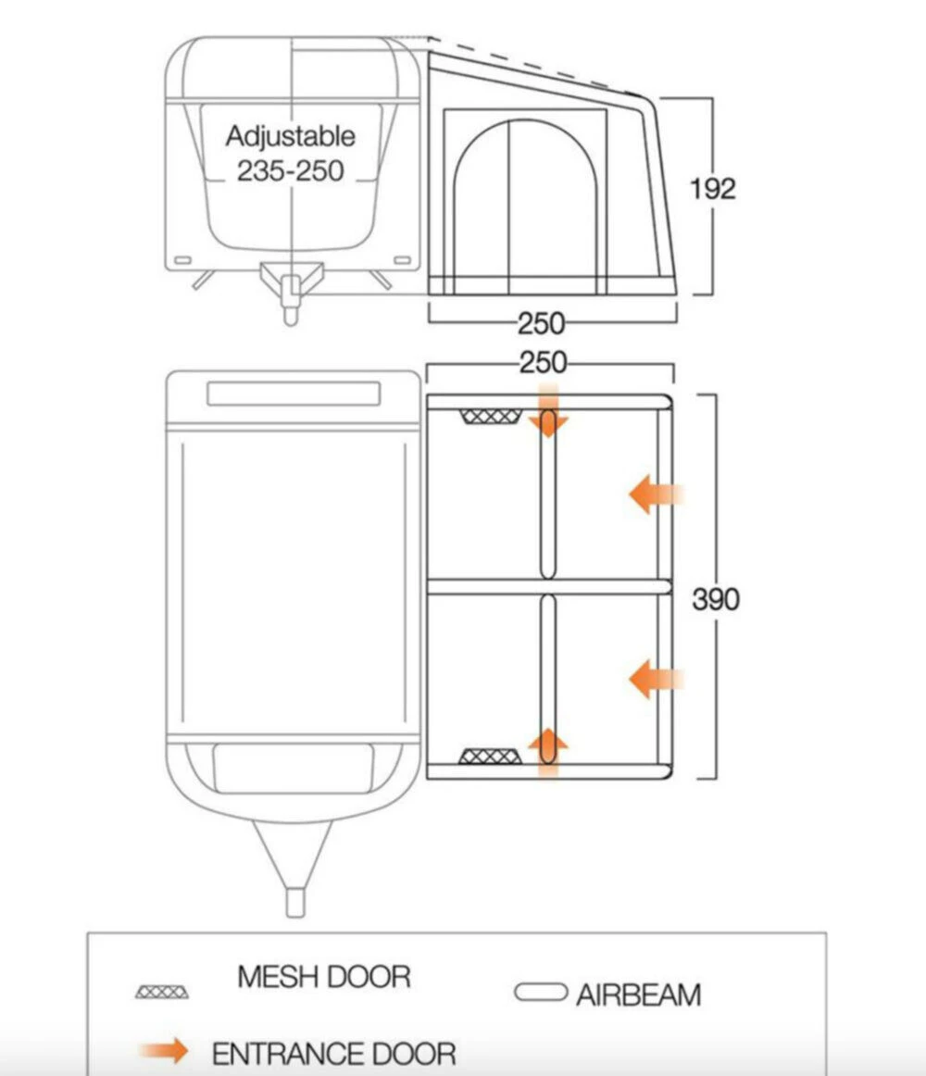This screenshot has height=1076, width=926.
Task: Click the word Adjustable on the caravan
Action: [290, 136]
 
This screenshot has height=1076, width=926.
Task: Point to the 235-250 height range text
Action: [290, 170]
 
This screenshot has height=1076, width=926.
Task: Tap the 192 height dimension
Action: [712, 189]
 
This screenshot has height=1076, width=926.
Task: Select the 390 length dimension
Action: [716, 599]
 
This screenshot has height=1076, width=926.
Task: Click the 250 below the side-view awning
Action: [541, 323]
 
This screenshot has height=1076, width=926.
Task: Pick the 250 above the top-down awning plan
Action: [543, 362]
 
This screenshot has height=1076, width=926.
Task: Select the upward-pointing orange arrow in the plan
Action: [548, 748]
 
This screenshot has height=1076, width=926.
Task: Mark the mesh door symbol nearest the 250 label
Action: [491, 417]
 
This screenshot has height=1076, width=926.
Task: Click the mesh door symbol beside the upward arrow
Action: [491, 757]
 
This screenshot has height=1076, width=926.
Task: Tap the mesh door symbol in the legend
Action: [163, 992]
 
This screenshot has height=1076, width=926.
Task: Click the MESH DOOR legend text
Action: [323, 977]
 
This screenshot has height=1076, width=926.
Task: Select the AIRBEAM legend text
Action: [638, 995]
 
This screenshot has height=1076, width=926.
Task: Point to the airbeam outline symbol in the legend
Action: [541, 994]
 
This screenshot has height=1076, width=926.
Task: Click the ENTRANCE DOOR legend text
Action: [334, 1054]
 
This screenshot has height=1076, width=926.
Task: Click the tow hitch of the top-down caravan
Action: [295, 900]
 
